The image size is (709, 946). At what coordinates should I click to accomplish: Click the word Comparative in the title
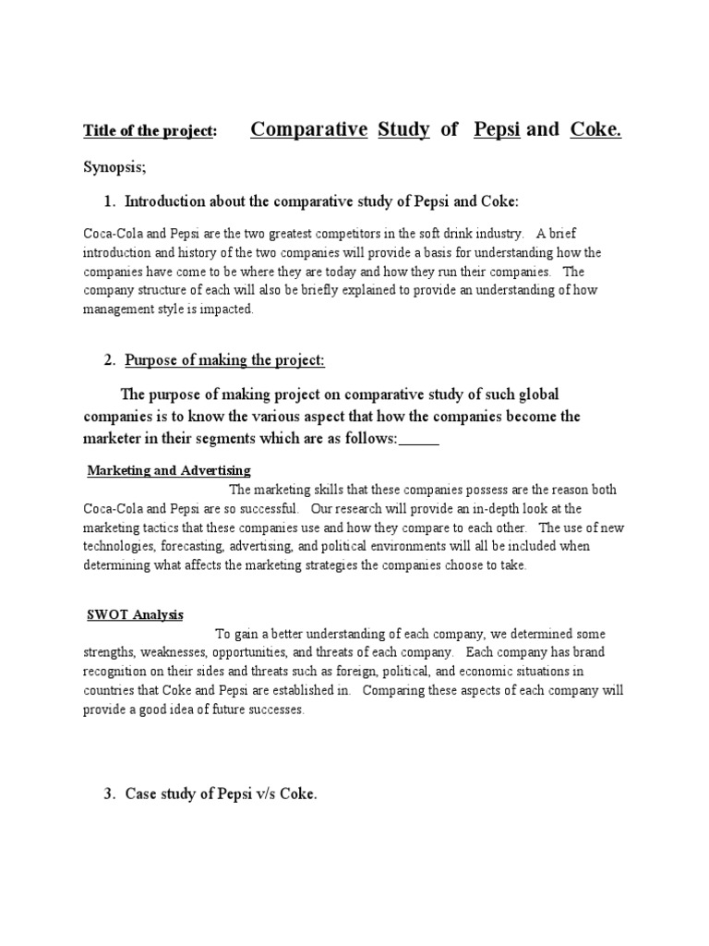(308, 129)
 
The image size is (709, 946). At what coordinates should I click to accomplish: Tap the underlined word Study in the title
(403, 129)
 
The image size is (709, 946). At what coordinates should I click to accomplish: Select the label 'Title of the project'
(149, 132)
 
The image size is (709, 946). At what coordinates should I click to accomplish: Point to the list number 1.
(108, 201)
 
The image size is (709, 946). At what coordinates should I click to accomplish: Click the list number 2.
(108, 359)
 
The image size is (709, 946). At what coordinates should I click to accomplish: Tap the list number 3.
(108, 793)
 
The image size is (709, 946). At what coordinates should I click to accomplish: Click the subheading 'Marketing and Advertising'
(169, 471)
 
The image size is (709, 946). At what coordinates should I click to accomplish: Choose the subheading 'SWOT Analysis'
(135, 614)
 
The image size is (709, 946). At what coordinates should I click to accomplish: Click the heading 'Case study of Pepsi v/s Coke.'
(221, 793)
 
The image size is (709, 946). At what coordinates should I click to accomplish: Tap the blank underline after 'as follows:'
(419, 439)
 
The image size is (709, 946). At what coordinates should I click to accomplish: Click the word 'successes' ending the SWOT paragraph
(272, 709)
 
